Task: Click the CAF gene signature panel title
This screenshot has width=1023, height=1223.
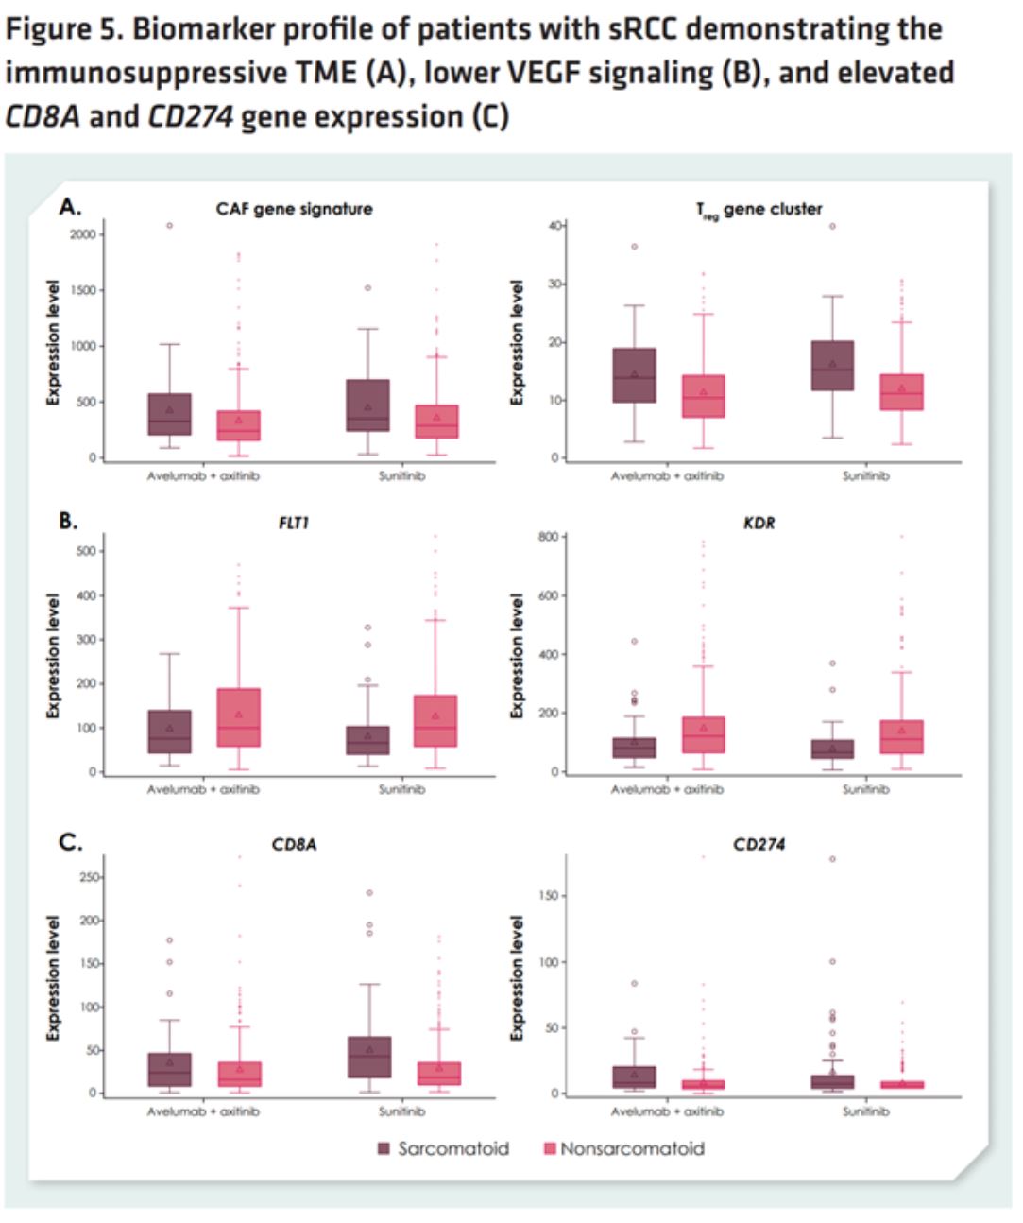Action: (294, 209)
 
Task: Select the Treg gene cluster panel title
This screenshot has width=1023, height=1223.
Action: (759, 210)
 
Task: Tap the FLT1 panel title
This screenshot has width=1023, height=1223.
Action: (293, 523)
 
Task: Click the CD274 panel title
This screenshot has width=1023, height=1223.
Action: (759, 844)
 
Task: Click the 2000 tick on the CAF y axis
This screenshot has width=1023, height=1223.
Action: (85, 234)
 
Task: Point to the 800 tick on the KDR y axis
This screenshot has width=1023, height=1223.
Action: (550, 537)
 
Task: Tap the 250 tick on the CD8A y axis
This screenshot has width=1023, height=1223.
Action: (88, 878)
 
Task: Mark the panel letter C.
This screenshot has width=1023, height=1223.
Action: (70, 842)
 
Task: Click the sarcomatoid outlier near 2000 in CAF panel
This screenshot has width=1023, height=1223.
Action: (170, 226)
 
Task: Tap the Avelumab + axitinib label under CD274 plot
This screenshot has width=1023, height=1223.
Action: (667, 1111)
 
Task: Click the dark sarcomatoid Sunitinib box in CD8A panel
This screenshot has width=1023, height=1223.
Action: (367, 1057)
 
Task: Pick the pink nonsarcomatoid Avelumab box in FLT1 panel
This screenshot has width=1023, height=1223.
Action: (238, 717)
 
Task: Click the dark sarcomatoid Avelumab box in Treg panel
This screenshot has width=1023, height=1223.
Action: (635, 375)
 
